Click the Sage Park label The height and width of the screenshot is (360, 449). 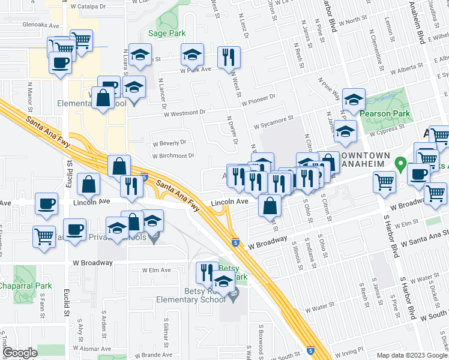167,34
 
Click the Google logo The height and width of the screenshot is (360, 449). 20,353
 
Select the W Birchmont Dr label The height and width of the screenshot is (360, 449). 173,155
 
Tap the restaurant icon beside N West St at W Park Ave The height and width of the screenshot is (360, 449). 229,57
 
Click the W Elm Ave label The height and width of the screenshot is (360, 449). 157,270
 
